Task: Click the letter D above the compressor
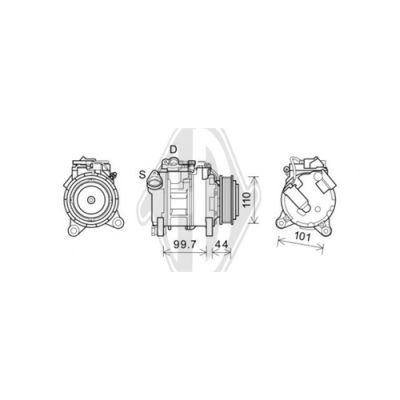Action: [173, 149]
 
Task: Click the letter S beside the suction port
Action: [142, 174]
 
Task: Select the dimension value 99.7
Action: [185, 244]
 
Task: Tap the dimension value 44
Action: [221, 244]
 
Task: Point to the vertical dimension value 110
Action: [246, 199]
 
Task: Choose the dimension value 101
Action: [303, 237]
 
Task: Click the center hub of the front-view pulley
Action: [90, 200]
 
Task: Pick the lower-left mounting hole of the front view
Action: [73, 230]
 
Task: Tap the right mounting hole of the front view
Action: [117, 221]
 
